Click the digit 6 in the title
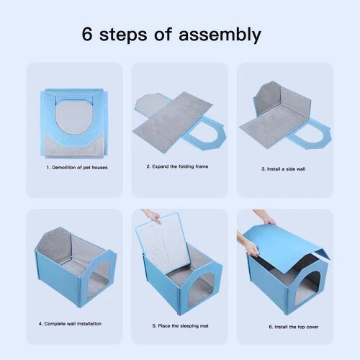tap(87, 35)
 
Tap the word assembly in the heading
tap(220, 35)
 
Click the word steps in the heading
tap(123, 35)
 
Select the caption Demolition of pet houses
tap(77, 167)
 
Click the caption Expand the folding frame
tap(177, 166)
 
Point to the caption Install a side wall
tap(284, 169)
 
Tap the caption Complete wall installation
tap(70, 324)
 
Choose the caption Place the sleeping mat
tap(181, 326)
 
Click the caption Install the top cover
tap(294, 327)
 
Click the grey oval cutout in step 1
tap(74, 117)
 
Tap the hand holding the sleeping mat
tap(153, 215)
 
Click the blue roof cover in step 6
tap(286, 247)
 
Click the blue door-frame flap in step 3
tap(310, 135)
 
